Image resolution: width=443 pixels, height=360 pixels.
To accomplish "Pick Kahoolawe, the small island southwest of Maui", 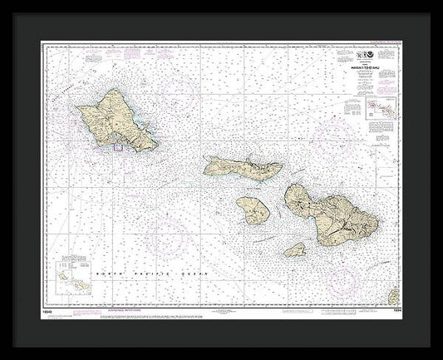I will pos(294,250).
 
